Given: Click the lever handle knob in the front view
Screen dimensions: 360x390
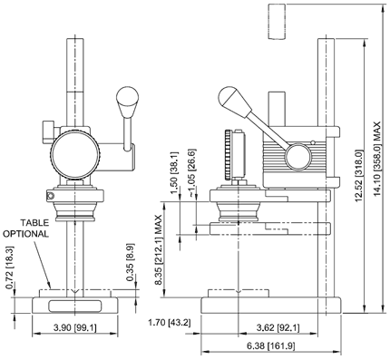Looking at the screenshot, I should pyautogui.click(x=127, y=97).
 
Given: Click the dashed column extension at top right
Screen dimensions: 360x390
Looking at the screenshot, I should pyautogui.click(x=276, y=22).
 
